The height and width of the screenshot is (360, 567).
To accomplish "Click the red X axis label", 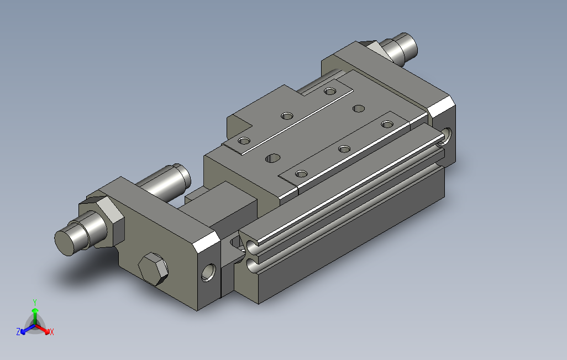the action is [x=52, y=331].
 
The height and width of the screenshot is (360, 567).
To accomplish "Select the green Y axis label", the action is [x=35, y=302].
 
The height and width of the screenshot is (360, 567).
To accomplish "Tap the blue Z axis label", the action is [x=18, y=331].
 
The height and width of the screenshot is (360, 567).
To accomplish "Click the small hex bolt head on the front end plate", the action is [x=153, y=269].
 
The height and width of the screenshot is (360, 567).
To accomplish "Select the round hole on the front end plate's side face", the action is [x=208, y=272].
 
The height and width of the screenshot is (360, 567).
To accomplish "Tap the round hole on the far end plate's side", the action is [x=445, y=136].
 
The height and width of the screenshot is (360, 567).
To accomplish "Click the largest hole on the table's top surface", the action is [x=272, y=158].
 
